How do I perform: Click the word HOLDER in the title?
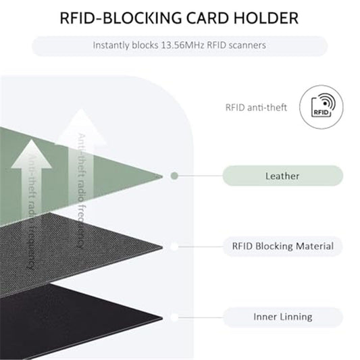(x=266, y=18)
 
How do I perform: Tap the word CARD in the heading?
(x=207, y=18)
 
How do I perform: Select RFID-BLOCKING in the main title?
(x=120, y=18)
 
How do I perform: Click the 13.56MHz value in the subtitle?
(x=182, y=45)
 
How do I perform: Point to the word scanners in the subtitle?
(x=247, y=45)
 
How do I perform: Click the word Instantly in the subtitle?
(x=111, y=45)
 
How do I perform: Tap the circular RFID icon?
(x=322, y=107)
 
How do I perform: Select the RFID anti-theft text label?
(x=256, y=107)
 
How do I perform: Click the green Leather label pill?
(x=282, y=176)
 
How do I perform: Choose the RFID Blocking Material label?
(x=282, y=246)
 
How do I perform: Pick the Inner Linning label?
(x=282, y=317)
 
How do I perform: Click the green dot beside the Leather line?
(x=174, y=176)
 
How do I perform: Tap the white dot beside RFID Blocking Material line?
(x=174, y=247)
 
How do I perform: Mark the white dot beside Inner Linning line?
(x=174, y=317)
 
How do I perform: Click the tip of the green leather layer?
(x=163, y=176)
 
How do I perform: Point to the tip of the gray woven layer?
(x=163, y=247)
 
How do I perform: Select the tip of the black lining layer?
(x=163, y=318)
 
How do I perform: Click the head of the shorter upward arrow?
(x=32, y=154)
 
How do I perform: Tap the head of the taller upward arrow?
(x=81, y=127)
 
